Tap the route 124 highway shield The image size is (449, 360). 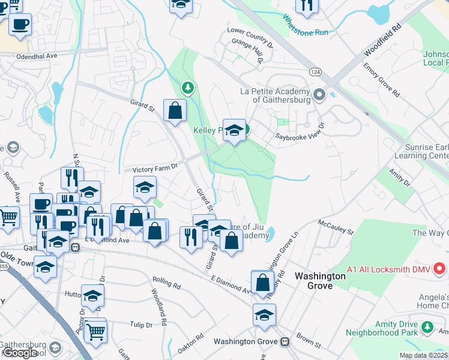315,72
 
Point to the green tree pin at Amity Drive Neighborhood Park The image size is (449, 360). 427,328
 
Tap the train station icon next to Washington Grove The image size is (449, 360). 285,341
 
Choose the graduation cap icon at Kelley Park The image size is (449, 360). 234,130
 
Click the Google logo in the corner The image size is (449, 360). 20,353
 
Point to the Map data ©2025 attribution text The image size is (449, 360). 424,355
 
